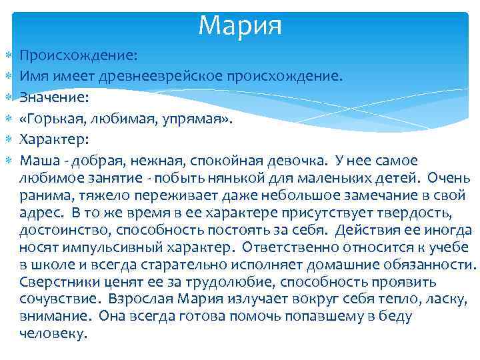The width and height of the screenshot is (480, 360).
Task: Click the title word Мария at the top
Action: (240, 25)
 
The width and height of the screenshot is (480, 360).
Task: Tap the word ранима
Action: (42, 195)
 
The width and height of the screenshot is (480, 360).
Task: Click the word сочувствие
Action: (58, 299)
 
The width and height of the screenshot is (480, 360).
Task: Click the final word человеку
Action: (53, 334)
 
